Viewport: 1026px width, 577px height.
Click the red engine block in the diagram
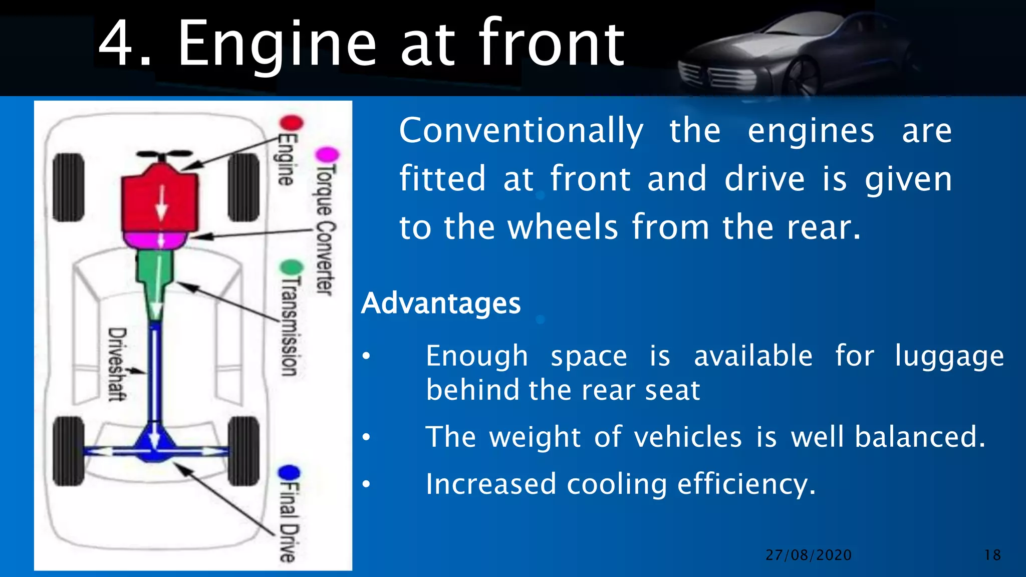[x=159, y=200]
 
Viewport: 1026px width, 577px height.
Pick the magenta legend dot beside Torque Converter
[x=328, y=154]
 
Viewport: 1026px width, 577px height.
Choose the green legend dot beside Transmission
[x=292, y=267]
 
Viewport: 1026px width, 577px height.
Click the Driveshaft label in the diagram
[x=117, y=364]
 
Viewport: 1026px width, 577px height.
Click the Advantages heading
[x=441, y=303]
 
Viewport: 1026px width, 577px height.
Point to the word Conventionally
[x=521, y=131]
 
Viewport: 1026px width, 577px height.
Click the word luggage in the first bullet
[x=949, y=357]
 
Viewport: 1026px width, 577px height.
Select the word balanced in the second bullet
[x=920, y=437]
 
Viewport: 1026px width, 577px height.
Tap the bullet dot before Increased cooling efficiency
[x=367, y=484]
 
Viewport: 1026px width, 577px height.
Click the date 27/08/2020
[x=809, y=555]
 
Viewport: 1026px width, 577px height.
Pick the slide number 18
[x=992, y=555]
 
